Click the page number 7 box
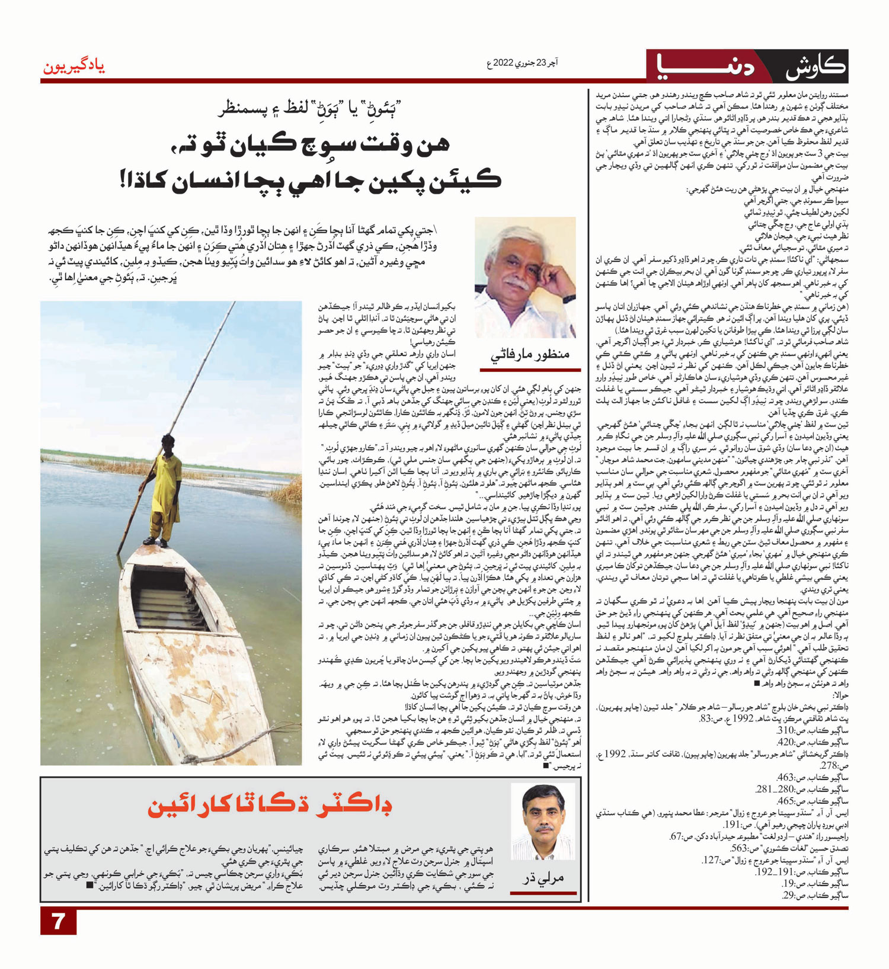[x=58, y=922]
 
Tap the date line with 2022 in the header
[x=522, y=62]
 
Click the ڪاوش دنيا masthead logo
[x=747, y=66]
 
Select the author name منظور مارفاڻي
[x=529, y=354]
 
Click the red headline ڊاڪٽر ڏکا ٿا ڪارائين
[x=270, y=806]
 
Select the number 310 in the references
[x=786, y=730]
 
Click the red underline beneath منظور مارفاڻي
[x=529, y=369]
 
